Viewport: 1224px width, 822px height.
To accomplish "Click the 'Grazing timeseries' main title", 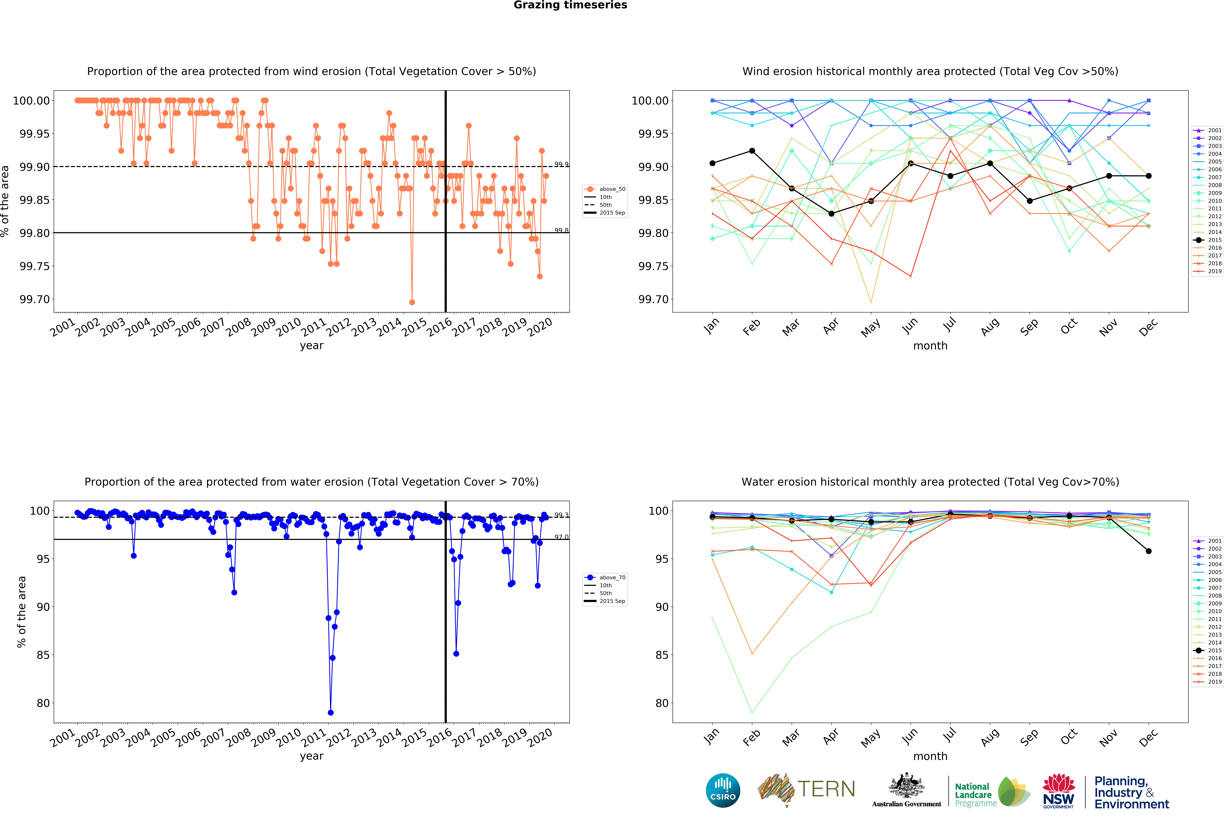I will pyautogui.click(x=570, y=5).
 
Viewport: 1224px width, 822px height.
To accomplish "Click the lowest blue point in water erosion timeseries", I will pyautogui.click(x=330, y=712).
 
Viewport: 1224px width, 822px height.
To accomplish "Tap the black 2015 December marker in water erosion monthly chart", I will pyautogui.click(x=1149, y=551).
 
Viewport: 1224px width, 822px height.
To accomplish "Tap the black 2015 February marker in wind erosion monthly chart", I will pyautogui.click(x=752, y=151).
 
